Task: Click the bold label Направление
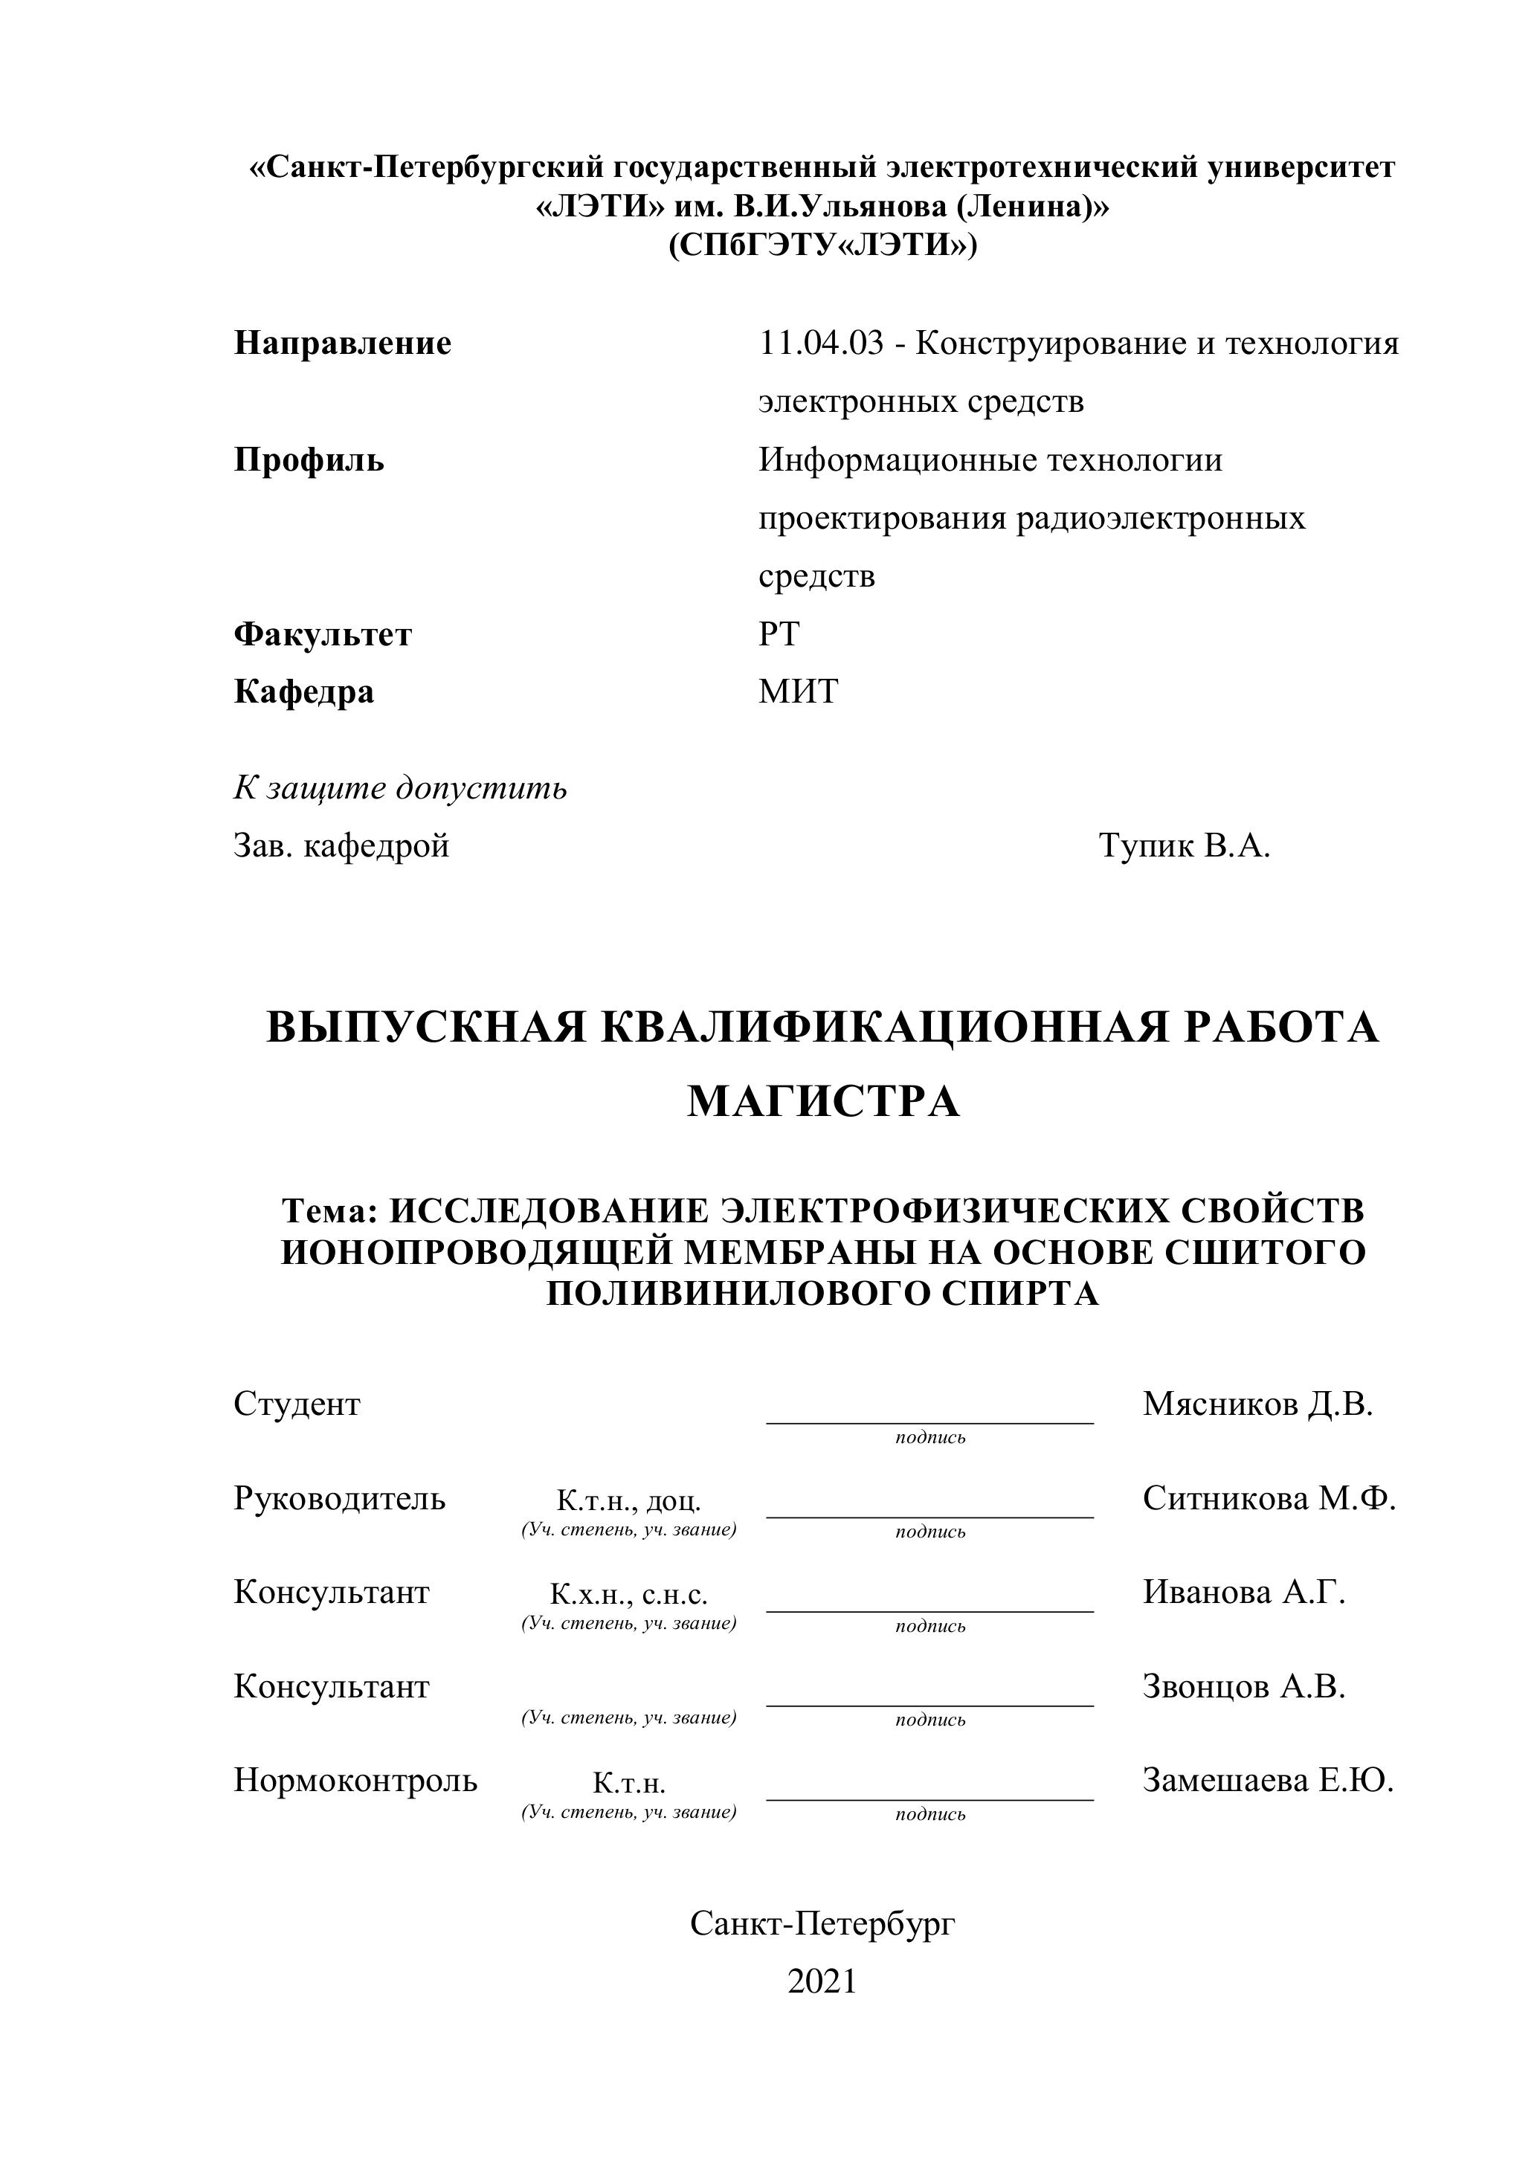(342, 343)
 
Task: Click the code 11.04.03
(821, 343)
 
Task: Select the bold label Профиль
(309, 460)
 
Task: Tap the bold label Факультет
(322, 633)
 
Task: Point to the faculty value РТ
(779, 633)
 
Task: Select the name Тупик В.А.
(1184, 845)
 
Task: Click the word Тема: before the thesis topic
(330, 1211)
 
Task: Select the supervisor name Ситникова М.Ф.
(1269, 1498)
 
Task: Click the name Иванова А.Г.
(1243, 1592)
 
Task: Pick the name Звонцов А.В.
(1243, 1686)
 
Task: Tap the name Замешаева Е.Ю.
(1268, 1780)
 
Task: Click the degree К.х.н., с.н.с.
(629, 1595)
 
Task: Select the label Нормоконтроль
(355, 1780)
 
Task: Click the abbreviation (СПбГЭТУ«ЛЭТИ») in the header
(822, 246)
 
